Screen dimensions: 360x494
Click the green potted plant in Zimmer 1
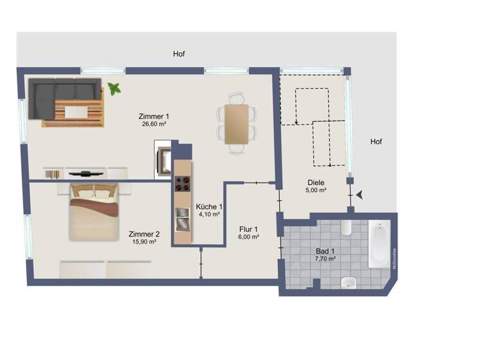pyautogui.click(x=115, y=89)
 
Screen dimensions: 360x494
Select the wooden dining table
pyautogui.click(x=235, y=123)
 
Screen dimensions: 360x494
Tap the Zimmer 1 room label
pyautogui.click(x=154, y=116)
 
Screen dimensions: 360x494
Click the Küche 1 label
pyautogui.click(x=210, y=206)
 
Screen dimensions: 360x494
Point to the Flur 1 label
pyautogui.click(x=248, y=229)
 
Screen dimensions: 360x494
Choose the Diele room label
pyautogui.click(x=316, y=182)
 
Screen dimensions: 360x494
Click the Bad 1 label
pyautogui.click(x=325, y=250)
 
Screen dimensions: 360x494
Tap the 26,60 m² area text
pyautogui.click(x=154, y=125)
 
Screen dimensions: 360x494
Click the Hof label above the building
pyautogui.click(x=179, y=54)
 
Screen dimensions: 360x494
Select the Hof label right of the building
pyautogui.click(x=376, y=141)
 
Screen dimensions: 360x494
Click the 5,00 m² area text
pyautogui.click(x=316, y=190)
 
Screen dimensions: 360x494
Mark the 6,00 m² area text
pyautogui.click(x=248, y=237)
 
